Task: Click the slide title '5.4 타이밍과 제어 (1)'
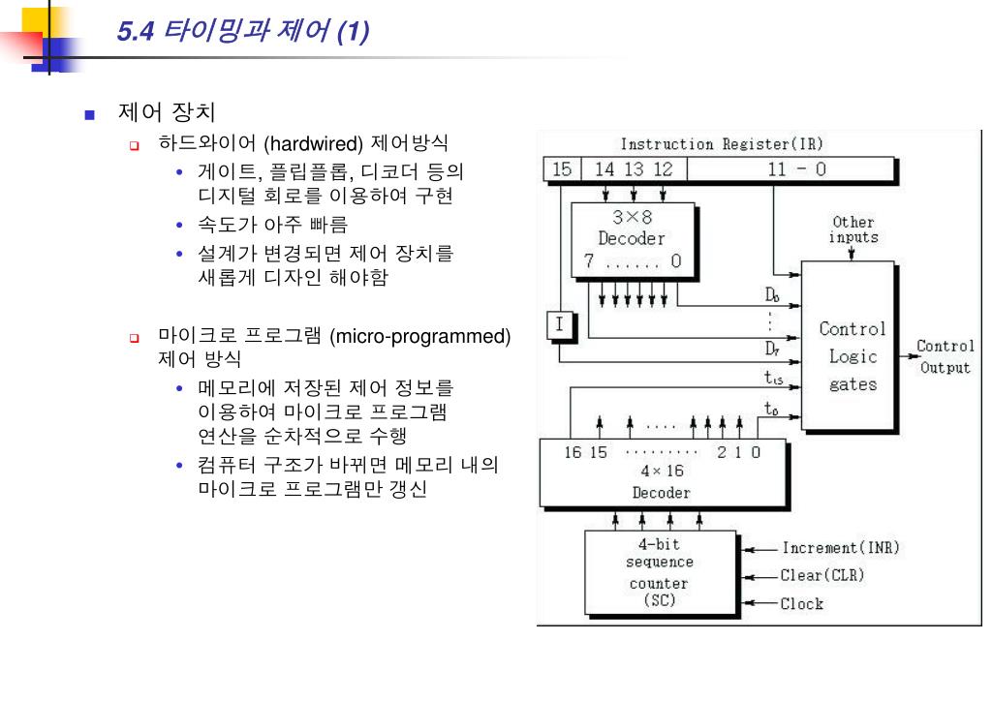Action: click(x=241, y=32)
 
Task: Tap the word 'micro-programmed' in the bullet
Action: click(x=419, y=337)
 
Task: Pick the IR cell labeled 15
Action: click(x=561, y=169)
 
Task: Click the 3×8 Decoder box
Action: click(x=633, y=238)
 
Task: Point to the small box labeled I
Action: click(x=558, y=326)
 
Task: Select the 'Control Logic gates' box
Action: click(x=852, y=356)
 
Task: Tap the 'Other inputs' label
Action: click(x=853, y=229)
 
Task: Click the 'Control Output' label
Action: click(x=945, y=356)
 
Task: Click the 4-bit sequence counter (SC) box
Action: click(x=660, y=572)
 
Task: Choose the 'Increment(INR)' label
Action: click(x=841, y=547)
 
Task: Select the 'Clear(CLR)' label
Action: click(x=822, y=575)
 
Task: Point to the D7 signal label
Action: click(x=772, y=348)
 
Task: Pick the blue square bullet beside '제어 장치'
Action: click(x=90, y=114)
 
